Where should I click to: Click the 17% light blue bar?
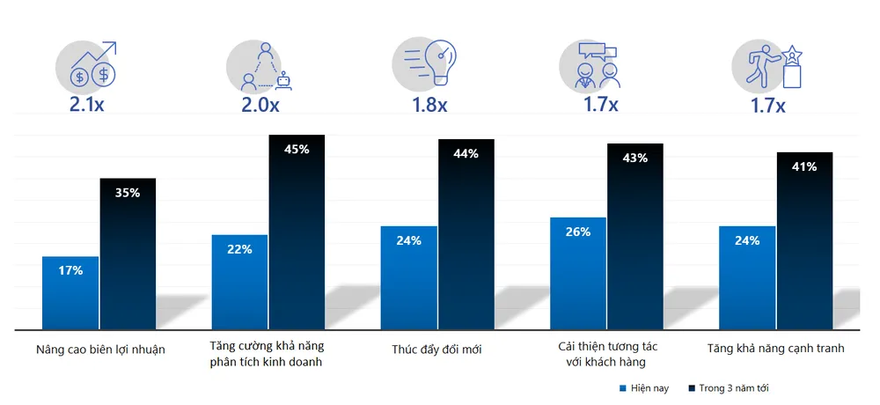click(70, 293)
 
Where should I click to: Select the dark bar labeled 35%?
click(128, 255)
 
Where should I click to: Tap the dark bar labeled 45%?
click(297, 233)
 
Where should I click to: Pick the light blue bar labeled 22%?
click(239, 282)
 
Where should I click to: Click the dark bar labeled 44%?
click(466, 236)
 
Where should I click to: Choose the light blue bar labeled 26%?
click(578, 273)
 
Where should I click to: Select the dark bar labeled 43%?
click(635, 238)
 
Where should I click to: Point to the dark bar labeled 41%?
click(804, 242)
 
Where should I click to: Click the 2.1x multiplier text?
click(92, 106)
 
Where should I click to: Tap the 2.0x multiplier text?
click(261, 106)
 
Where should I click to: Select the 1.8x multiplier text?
click(430, 106)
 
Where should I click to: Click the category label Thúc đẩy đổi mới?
click(437, 349)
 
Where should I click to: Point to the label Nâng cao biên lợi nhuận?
click(101, 349)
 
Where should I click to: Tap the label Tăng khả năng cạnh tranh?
click(775, 349)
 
